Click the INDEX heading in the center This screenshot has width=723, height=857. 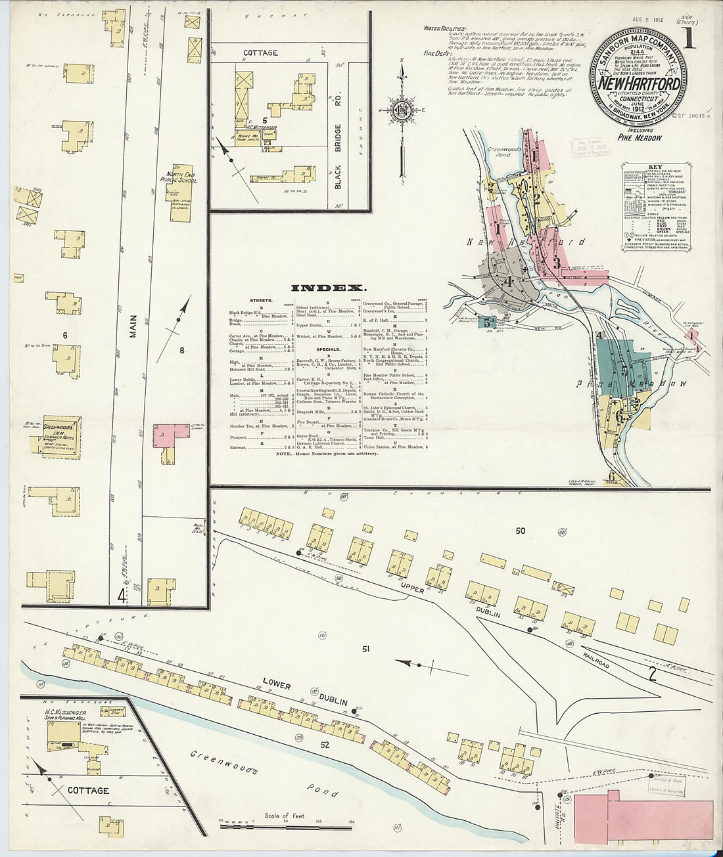click(327, 288)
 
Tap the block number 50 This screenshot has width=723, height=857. click(521, 531)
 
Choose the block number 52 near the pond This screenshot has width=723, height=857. click(325, 745)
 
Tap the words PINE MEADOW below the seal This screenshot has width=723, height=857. click(639, 138)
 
